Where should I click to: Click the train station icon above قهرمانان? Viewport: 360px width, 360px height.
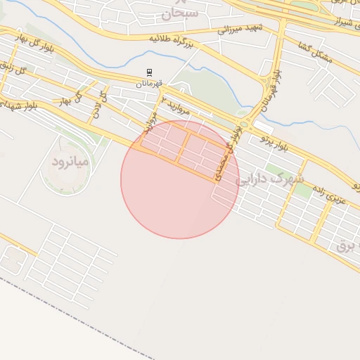pos(149,72)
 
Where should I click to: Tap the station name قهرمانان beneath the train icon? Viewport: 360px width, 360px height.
pos(149,83)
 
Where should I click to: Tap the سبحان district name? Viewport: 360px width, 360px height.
pos(180,12)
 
